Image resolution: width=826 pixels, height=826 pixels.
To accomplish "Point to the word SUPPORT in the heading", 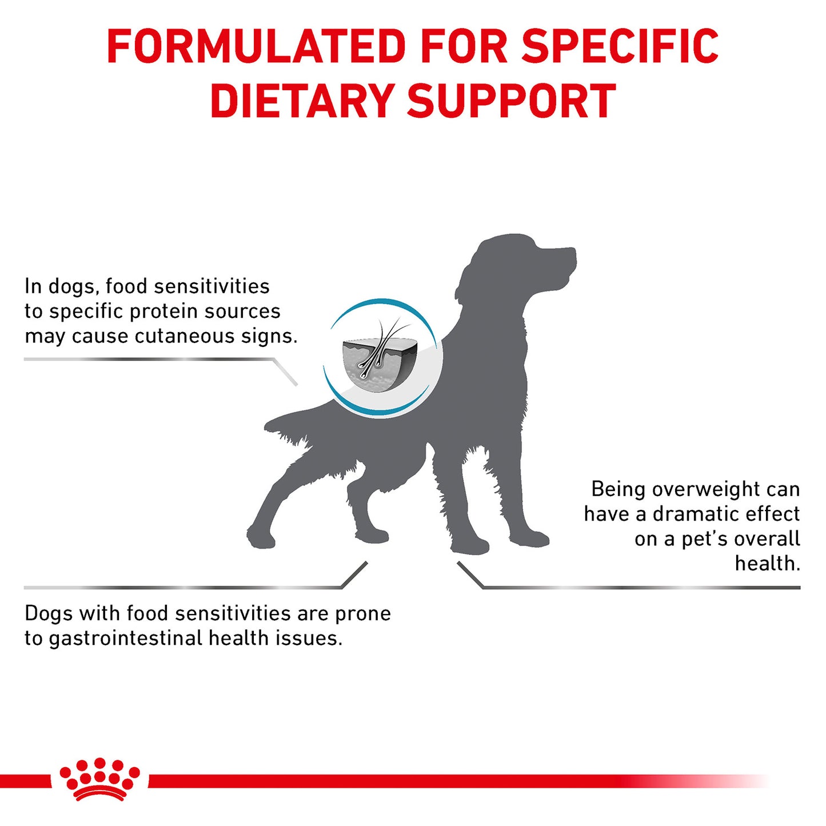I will click(512, 101).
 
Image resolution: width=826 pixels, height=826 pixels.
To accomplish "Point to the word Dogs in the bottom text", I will click(49, 613).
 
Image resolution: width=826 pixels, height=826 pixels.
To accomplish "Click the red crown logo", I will click(100, 779).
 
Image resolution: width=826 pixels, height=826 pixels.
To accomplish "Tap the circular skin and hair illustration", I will click(381, 358).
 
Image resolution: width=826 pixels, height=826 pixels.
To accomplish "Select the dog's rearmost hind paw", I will click(260, 537).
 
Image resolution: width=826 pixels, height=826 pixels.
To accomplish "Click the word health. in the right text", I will click(767, 564).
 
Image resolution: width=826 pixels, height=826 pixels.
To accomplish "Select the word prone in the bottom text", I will click(363, 613).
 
